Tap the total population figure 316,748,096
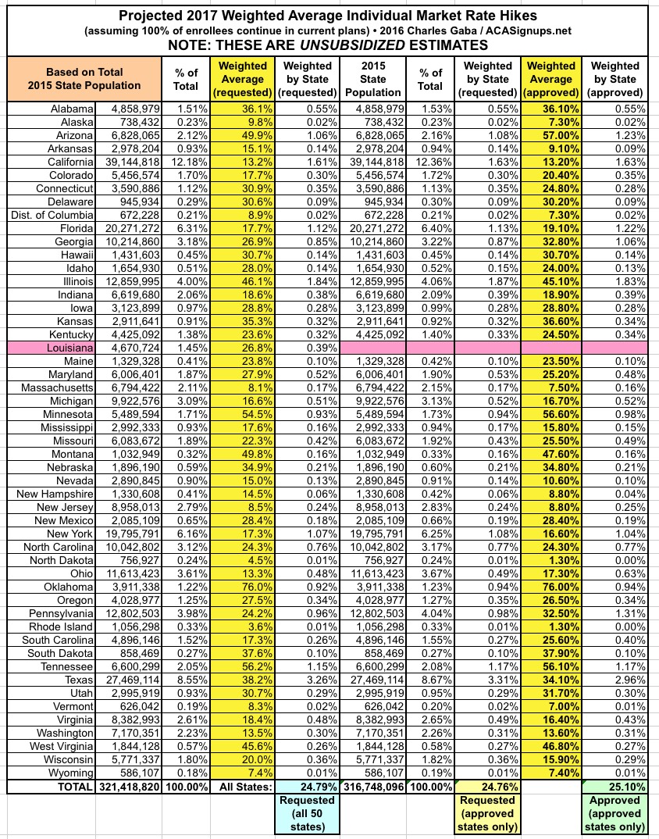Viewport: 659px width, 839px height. (373, 787)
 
